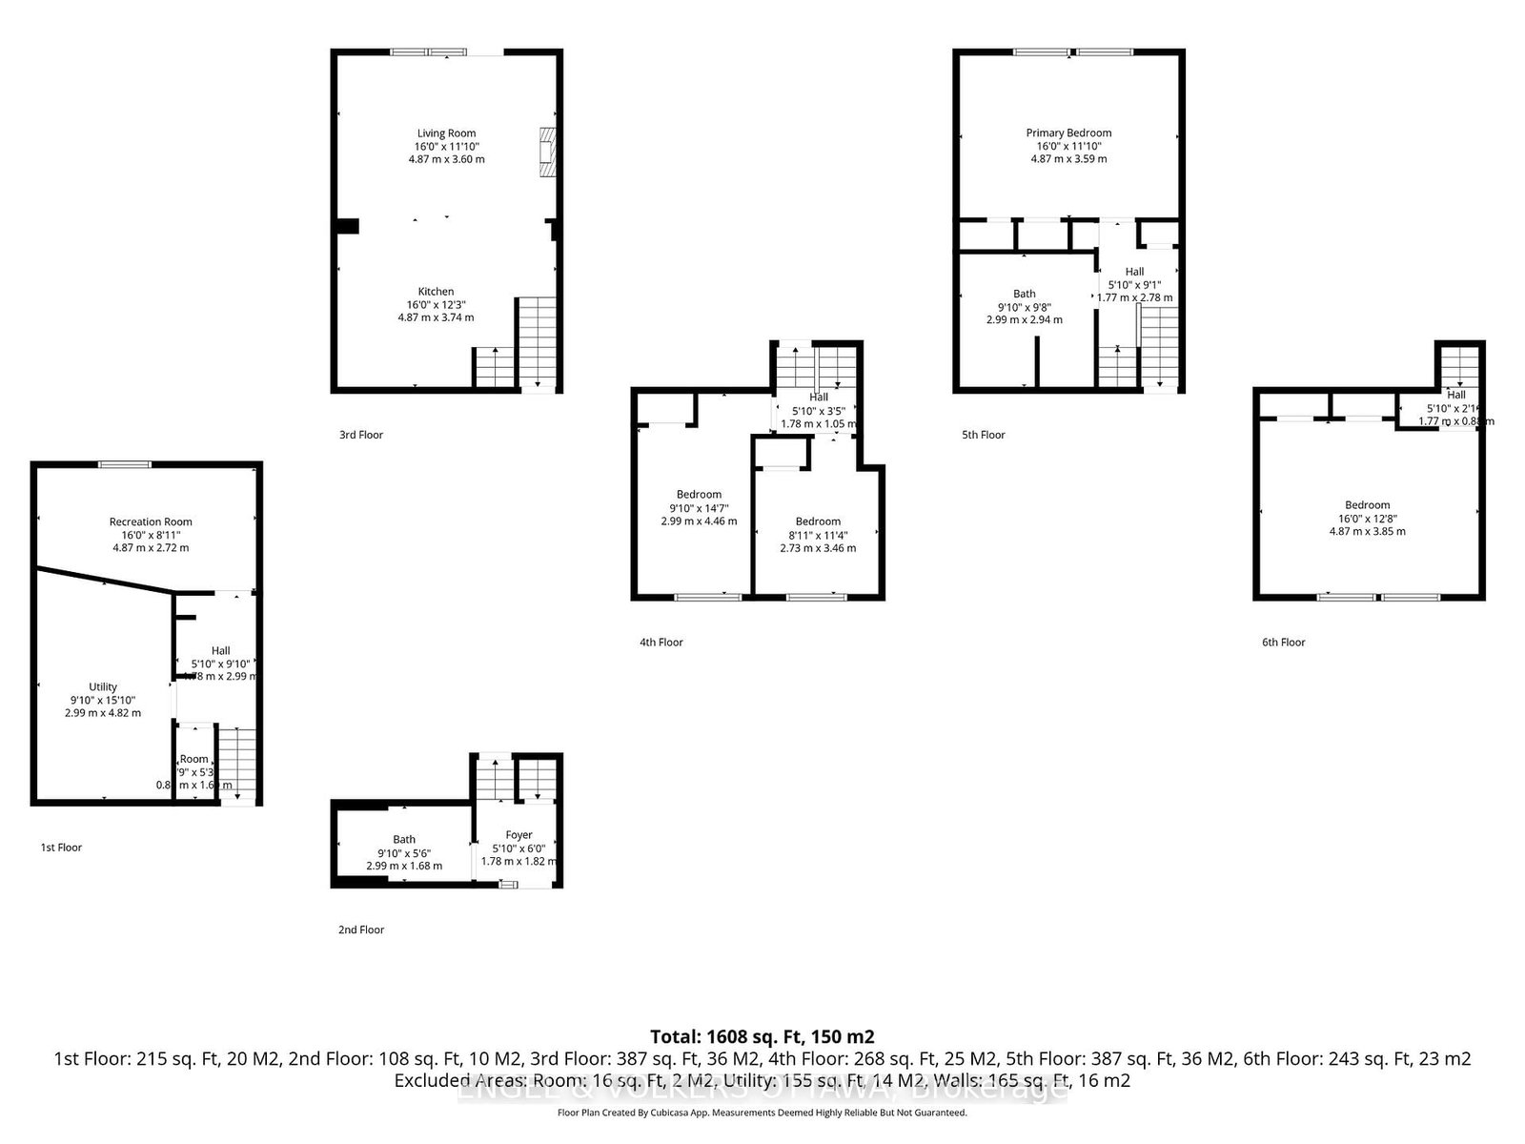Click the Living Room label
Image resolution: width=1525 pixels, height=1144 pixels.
point(446,133)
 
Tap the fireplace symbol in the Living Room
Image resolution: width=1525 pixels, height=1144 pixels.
point(547,151)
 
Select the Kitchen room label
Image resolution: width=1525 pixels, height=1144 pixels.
point(436,292)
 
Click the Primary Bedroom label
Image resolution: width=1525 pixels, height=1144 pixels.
point(1068,133)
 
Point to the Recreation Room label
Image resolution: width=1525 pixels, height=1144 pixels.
point(151,521)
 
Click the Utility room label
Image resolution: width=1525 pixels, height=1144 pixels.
point(103,686)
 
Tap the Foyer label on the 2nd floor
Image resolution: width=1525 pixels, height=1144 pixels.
point(518,835)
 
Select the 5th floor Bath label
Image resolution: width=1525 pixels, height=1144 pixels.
point(1024,294)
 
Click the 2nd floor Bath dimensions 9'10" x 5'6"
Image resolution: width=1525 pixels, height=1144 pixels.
point(404,853)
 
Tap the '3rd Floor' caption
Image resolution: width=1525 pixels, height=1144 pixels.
point(361,435)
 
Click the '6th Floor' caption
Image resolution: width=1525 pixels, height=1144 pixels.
point(1283,643)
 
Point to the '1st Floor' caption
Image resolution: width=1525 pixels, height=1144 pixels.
point(61,848)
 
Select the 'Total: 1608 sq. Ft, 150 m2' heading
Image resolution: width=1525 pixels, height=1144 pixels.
point(762,1036)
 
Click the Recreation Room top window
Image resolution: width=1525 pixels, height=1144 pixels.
point(125,464)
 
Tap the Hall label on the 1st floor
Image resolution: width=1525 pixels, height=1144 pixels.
point(220,651)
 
